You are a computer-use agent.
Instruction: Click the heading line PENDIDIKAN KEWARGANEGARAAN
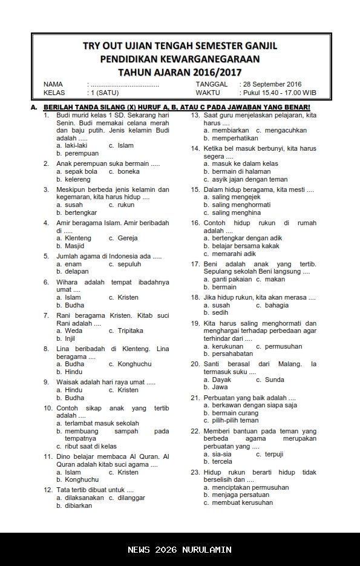[180, 59]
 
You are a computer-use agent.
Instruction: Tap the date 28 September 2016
[272, 84]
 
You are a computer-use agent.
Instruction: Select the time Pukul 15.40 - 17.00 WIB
[278, 93]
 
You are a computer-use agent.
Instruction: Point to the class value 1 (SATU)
[103, 93]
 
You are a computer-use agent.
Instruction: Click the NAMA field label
[53, 84]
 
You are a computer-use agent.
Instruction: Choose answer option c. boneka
[124, 171]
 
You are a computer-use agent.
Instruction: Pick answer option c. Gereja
[123, 238]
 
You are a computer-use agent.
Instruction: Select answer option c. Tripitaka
[126, 331]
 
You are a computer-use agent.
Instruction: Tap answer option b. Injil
[66, 338]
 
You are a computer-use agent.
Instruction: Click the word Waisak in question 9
[68, 382]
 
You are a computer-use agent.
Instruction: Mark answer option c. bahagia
[272, 306]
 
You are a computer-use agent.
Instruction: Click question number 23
[195, 472]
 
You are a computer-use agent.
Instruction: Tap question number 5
[47, 256]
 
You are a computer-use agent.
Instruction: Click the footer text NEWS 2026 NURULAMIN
[180, 550]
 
